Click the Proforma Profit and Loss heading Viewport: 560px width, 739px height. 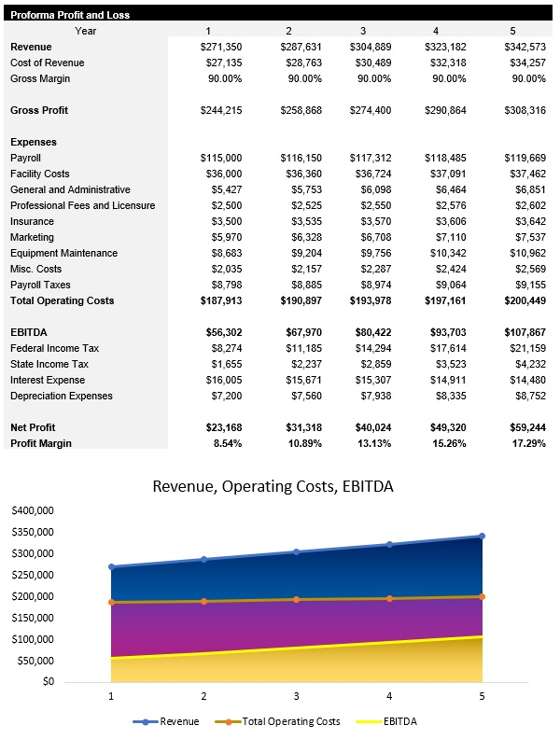70,15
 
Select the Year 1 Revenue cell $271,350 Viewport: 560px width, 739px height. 222,47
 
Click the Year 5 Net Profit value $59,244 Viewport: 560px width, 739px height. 525,427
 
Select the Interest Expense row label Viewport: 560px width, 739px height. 48,380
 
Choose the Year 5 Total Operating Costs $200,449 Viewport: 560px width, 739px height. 523,300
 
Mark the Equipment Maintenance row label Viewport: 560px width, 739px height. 63,253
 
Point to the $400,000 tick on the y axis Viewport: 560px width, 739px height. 33,510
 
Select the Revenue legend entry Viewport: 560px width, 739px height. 173,721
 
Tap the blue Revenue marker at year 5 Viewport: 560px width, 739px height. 482,537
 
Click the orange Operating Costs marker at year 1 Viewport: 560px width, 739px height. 112,602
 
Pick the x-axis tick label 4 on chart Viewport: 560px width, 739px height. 389,696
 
